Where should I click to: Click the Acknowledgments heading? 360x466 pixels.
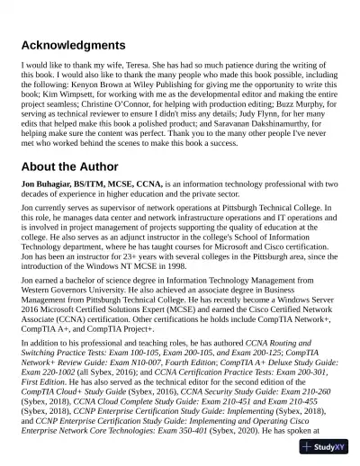pos(73,45)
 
